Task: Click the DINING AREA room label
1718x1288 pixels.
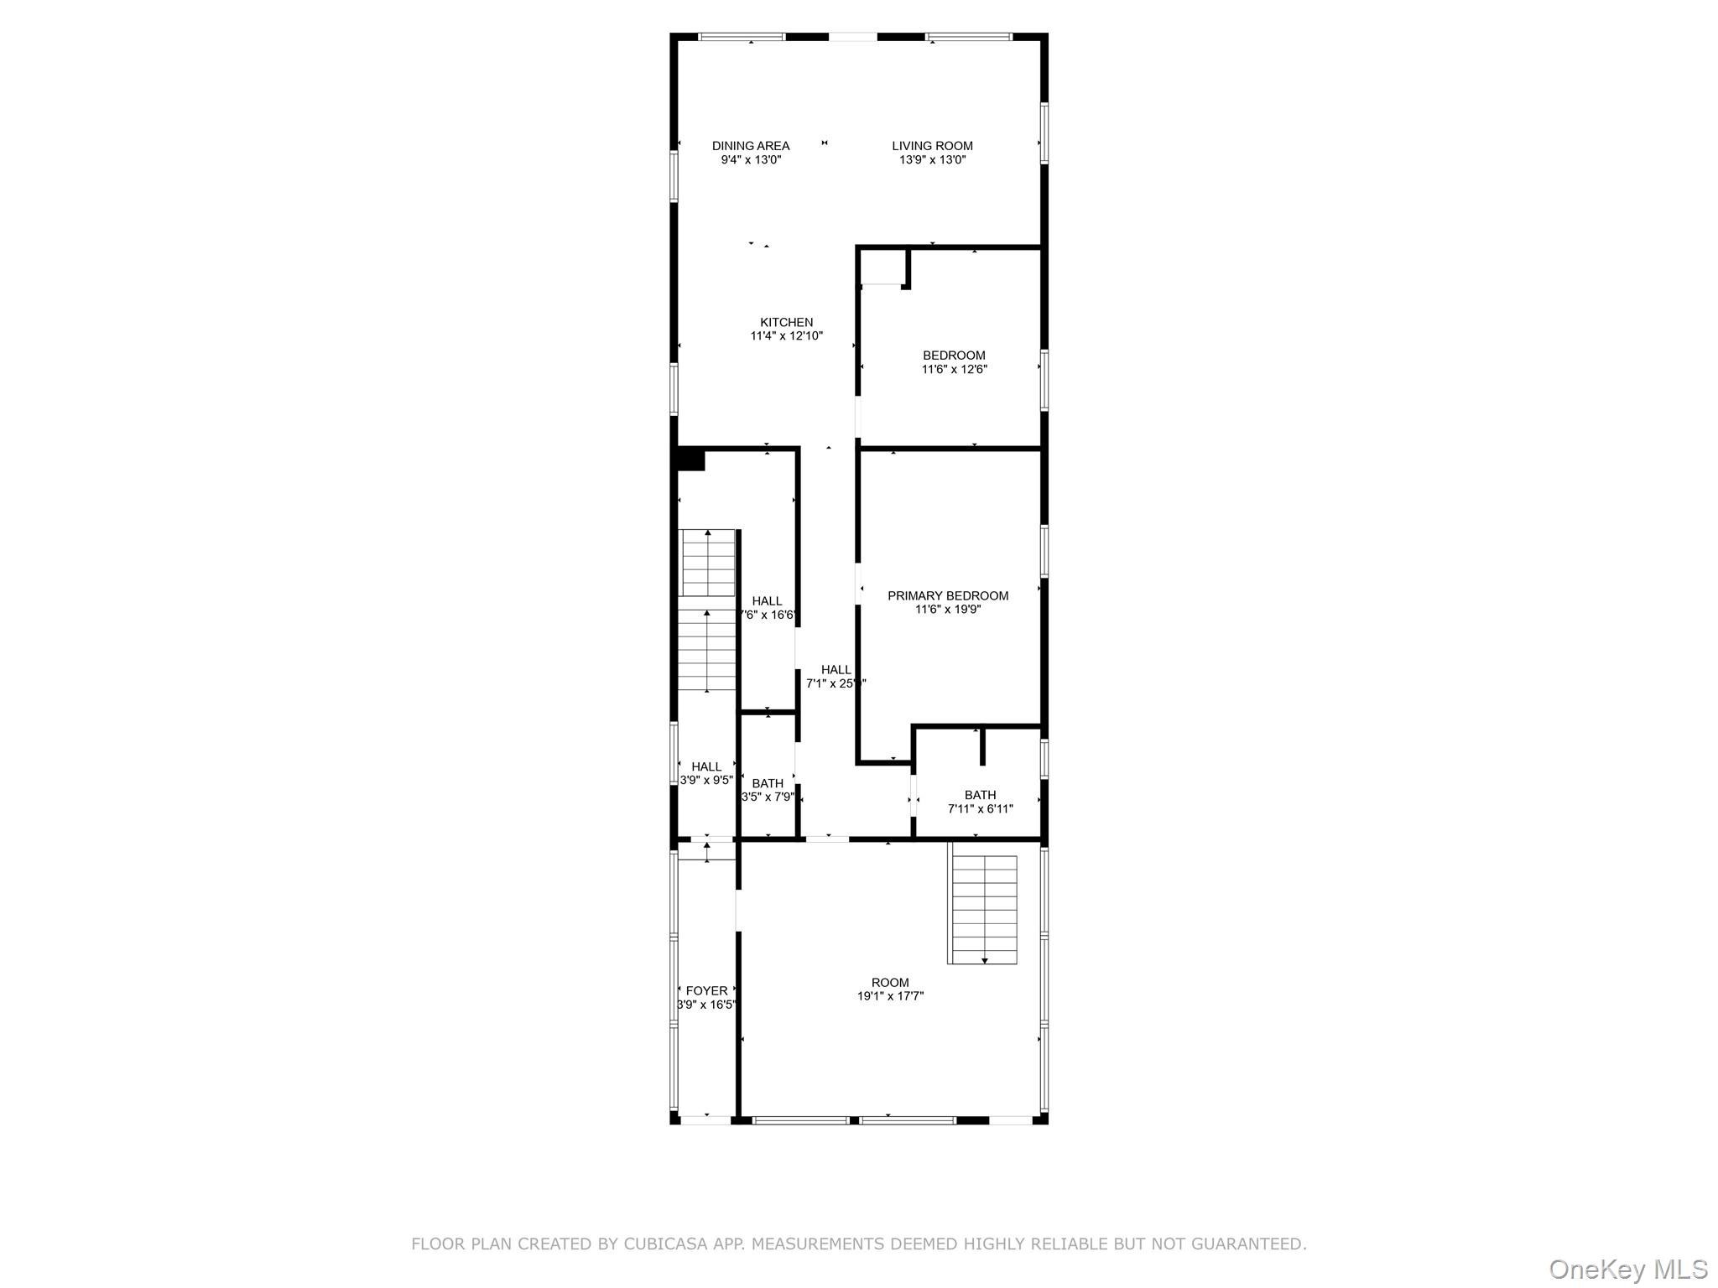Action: pos(751,146)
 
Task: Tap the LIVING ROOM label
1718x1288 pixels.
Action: pos(932,146)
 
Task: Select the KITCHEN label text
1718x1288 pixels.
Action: pos(787,322)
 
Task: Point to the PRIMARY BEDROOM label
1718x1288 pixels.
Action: pos(948,596)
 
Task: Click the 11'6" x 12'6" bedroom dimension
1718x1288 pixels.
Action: pos(955,369)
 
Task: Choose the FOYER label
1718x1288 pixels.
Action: pos(706,991)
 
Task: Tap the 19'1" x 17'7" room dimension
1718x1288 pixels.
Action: pos(890,996)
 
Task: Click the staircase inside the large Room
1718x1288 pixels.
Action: pos(984,909)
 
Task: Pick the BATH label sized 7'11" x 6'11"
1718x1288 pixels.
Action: pos(981,795)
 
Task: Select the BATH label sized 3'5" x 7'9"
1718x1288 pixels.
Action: pos(768,784)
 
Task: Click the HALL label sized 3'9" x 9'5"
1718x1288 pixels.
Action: pos(706,766)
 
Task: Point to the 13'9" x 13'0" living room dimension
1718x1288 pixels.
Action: pos(932,159)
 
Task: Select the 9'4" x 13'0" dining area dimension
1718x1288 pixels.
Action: pos(751,159)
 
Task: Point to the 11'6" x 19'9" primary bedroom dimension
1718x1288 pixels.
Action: pos(948,610)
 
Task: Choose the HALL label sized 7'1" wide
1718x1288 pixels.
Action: pos(836,670)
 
